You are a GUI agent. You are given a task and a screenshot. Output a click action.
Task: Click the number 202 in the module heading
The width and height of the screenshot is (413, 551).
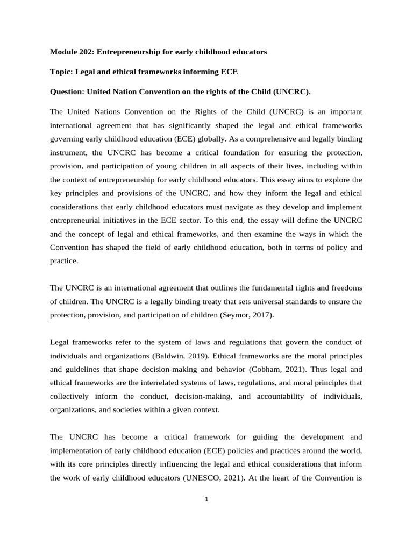(87, 52)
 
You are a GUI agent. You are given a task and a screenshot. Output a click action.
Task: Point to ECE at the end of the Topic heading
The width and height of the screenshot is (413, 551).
(229, 72)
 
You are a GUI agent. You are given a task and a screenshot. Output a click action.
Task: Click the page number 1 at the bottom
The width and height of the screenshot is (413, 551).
(206, 499)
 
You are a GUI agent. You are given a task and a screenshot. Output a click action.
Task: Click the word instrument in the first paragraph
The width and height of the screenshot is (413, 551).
(68, 152)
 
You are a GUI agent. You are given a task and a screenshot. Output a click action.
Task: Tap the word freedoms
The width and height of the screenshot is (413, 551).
(344, 288)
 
